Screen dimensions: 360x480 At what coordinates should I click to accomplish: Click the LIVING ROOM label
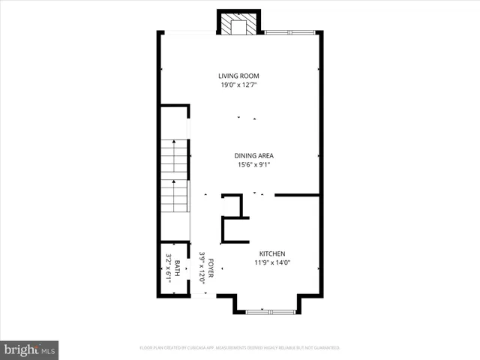(239, 76)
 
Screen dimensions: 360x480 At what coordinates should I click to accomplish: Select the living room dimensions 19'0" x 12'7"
(239, 85)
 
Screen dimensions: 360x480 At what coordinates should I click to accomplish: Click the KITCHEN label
(272, 253)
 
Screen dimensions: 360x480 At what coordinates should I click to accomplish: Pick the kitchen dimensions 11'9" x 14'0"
(272, 262)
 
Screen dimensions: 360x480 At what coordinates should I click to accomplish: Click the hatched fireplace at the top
(238, 24)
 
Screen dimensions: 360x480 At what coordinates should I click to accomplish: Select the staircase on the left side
(175, 176)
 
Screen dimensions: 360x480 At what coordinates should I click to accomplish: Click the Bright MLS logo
(30, 349)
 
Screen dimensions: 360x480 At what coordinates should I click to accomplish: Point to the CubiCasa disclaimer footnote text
(240, 348)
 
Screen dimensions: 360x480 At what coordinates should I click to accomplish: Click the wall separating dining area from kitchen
(297, 195)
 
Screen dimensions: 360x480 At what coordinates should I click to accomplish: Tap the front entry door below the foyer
(204, 295)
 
